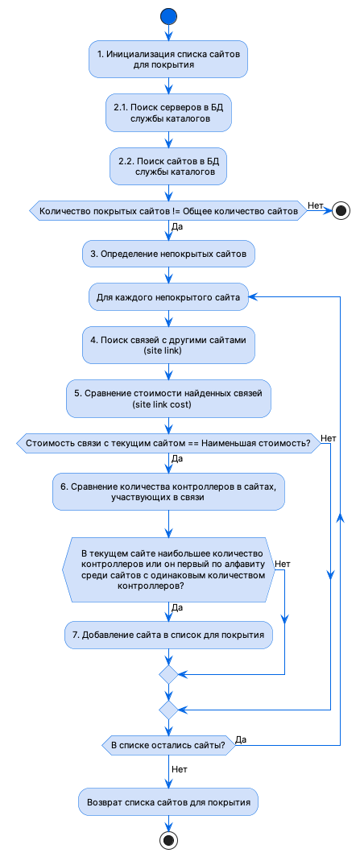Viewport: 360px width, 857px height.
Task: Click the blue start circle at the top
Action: point(168,15)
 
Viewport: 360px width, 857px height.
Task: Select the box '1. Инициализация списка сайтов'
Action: point(168,60)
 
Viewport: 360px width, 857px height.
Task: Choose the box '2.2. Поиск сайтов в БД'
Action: point(168,165)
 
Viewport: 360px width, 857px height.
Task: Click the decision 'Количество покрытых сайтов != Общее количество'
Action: point(168,211)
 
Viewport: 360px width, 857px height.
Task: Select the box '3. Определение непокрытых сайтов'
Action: point(168,254)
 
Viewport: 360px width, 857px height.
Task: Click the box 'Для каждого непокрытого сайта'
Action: point(168,297)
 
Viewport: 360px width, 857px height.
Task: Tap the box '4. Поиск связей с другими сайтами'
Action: point(168,346)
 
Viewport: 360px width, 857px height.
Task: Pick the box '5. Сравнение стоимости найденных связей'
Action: point(168,399)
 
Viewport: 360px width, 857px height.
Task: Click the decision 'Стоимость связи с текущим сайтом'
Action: point(168,443)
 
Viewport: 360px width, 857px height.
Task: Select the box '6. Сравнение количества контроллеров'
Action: point(168,491)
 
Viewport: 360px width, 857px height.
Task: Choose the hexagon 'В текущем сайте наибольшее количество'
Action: point(168,569)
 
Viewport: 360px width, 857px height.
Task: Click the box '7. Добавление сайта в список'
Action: point(168,636)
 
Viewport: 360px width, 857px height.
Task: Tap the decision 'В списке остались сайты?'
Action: point(168,746)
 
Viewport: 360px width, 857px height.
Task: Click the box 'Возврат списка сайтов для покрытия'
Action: point(168,802)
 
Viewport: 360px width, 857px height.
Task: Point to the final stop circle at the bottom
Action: point(168,841)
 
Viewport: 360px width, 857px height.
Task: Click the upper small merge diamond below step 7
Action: point(168,673)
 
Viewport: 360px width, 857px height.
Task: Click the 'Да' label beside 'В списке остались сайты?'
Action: point(241,739)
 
